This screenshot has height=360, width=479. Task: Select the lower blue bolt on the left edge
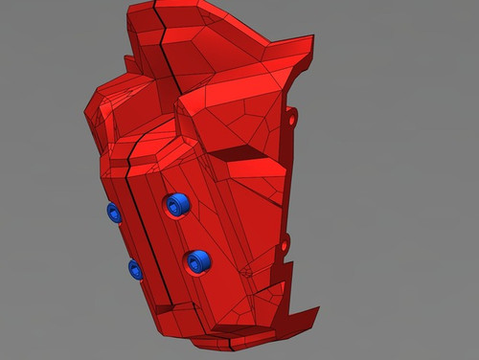click(x=136, y=270)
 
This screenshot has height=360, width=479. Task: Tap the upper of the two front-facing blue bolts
click(x=176, y=204)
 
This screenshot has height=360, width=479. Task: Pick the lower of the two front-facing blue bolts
click(x=198, y=259)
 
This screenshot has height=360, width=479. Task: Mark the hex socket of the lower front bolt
click(x=200, y=259)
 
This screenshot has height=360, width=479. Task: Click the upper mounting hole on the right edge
click(x=293, y=121)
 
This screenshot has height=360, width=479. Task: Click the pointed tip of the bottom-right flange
click(x=317, y=308)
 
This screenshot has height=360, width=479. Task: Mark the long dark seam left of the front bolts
click(x=142, y=220)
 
